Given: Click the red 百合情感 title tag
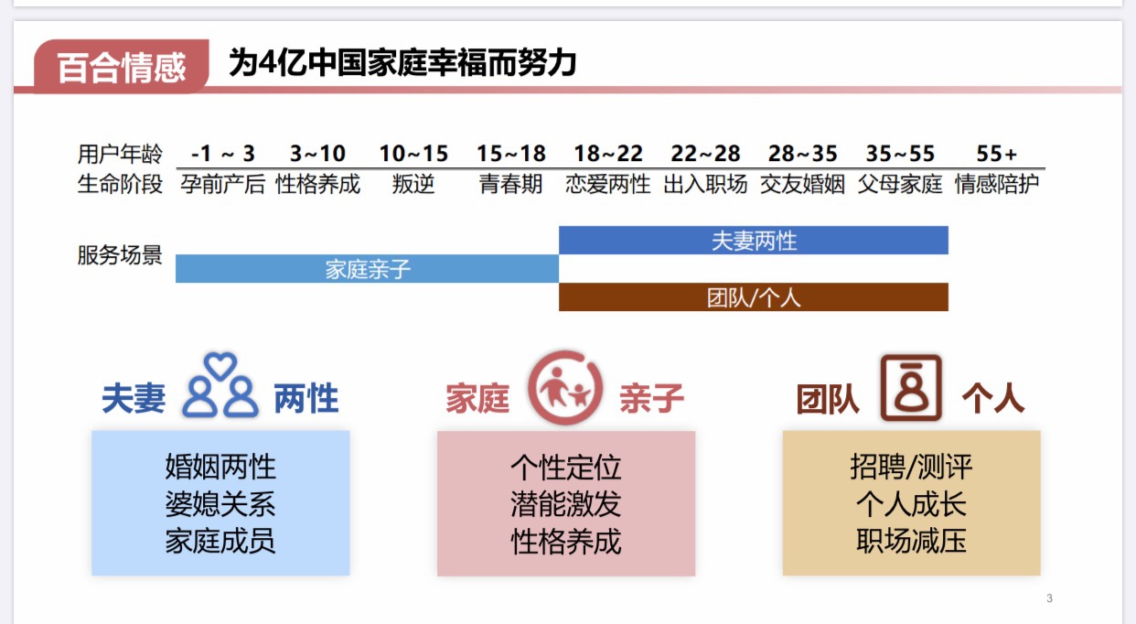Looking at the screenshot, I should tap(121, 67).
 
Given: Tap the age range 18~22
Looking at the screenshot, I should tap(608, 154).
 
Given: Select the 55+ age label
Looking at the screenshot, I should tap(997, 154).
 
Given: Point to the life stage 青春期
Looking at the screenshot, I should tap(511, 184).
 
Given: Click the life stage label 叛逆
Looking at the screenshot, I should tap(413, 184).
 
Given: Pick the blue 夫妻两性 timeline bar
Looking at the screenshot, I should tap(754, 241).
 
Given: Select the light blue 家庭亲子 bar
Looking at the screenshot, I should tap(367, 269).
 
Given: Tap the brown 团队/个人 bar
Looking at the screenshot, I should tap(754, 297).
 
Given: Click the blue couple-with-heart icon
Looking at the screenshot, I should tap(220, 388).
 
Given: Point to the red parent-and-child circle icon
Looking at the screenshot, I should tap(564, 388).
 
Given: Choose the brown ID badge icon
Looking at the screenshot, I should tap(910, 388).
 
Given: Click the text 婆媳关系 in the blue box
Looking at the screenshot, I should tap(220, 504).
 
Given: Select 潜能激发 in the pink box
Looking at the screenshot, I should tap(566, 504).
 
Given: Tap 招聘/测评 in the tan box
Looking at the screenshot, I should tap(911, 468).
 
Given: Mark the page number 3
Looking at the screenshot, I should tap(1049, 599).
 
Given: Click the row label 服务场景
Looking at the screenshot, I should tap(120, 255).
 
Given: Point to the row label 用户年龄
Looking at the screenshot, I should tap(120, 154).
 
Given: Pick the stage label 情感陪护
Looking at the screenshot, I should tap(997, 184).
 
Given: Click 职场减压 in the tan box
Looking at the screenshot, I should tap(911, 541).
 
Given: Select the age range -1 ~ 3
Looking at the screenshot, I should tap(223, 154).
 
